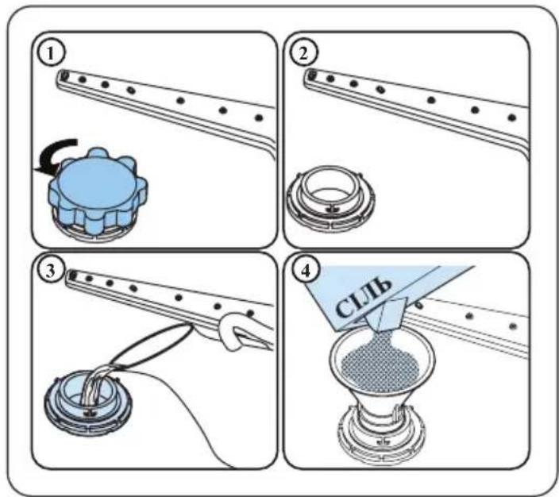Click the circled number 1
tap(51, 54)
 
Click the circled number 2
tap(303, 54)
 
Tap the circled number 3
tap(51, 271)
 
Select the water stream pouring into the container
tap(93, 387)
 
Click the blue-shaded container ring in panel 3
tap(88, 401)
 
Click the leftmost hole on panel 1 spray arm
tap(64, 75)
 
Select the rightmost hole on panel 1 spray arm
tap(260, 118)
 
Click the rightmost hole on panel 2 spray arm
tap(512, 117)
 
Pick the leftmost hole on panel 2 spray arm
tap(312, 75)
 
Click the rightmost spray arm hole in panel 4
tap(513, 326)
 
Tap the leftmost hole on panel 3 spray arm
tap(73, 275)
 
